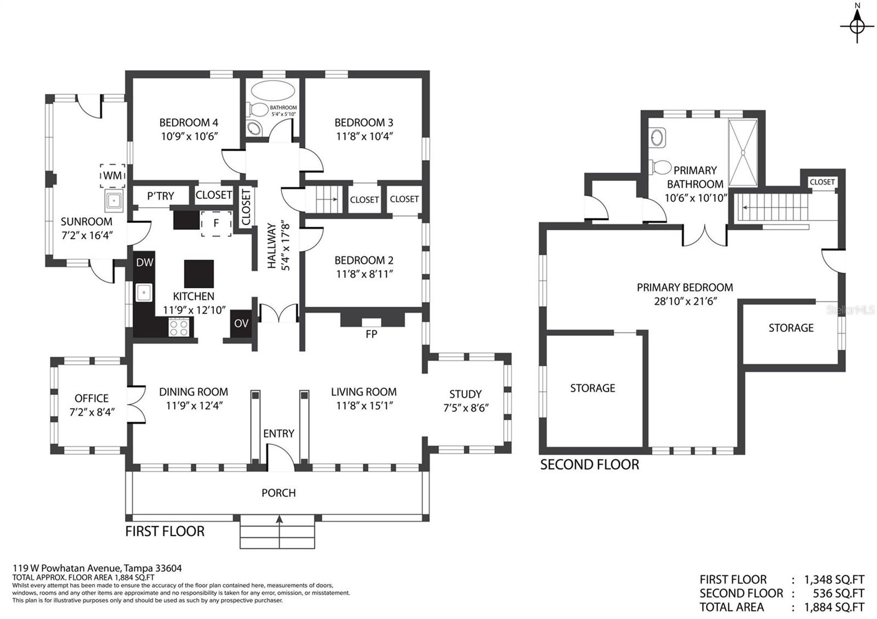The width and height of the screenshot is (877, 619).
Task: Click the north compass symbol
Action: click(x=857, y=26)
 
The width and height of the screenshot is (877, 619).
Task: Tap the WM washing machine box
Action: click(x=113, y=175)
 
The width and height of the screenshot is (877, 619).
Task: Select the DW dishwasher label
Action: click(x=145, y=262)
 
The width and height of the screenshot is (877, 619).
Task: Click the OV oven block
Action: click(x=241, y=324)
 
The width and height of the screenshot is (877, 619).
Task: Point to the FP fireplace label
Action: click(x=371, y=334)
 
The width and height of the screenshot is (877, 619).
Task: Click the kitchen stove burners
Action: click(x=179, y=327)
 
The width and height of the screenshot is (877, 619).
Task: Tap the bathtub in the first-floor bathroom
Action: click(x=273, y=91)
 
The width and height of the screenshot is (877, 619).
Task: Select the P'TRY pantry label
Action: click(x=161, y=196)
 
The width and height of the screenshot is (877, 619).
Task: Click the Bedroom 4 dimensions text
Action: click(x=190, y=136)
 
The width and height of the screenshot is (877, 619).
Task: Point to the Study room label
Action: click(x=465, y=394)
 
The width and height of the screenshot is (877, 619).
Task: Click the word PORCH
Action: click(x=278, y=492)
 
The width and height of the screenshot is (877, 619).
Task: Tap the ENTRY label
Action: click(x=278, y=433)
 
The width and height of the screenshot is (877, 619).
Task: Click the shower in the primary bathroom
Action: click(x=743, y=153)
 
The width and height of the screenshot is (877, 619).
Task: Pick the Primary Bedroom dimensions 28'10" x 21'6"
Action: click(x=685, y=301)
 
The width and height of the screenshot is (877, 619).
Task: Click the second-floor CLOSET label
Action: click(x=822, y=182)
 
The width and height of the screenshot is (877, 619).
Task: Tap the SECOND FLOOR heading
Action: click(x=590, y=465)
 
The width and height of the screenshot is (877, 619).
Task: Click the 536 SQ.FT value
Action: click(x=838, y=593)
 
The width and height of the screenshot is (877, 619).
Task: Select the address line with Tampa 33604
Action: click(x=98, y=568)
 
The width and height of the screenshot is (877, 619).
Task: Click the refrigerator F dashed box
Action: click(x=216, y=223)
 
